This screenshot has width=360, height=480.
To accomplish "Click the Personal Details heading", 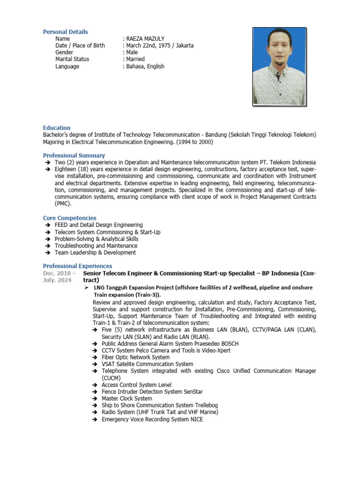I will click(65, 32).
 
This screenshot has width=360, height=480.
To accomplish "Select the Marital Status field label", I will click(72, 60).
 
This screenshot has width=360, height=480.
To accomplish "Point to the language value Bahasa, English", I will click(145, 67).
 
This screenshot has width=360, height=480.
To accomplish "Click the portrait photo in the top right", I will click(279, 66).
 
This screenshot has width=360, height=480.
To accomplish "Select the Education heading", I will click(57, 128).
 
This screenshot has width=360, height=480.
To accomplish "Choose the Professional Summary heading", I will click(74, 156).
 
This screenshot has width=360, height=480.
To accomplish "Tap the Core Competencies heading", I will click(70, 218).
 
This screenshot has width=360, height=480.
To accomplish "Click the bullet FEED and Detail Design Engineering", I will click(98, 225).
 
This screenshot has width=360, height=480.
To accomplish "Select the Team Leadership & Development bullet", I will click(95, 253).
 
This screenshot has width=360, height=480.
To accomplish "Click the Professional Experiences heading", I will click(78, 266).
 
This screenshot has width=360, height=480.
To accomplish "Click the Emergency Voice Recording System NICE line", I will click(152, 419).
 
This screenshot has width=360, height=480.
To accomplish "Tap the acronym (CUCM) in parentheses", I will click(111, 378).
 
